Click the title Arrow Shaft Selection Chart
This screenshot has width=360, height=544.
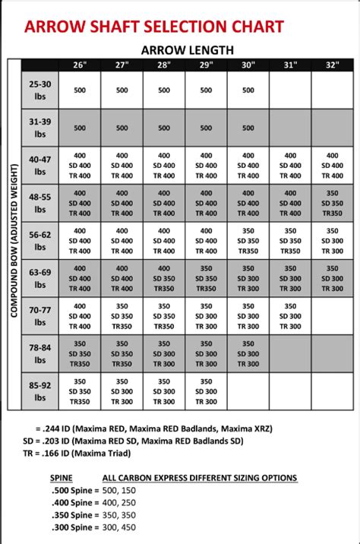[x=155, y=27]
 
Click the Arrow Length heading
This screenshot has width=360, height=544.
[x=187, y=50]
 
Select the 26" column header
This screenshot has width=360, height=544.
[x=79, y=65]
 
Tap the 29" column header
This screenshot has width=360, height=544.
[x=207, y=65]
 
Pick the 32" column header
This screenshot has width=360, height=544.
[x=333, y=65]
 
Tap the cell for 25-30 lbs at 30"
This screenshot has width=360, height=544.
[x=248, y=90]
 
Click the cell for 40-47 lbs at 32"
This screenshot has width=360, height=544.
[x=333, y=166]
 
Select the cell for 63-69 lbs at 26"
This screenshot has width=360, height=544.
[x=79, y=279]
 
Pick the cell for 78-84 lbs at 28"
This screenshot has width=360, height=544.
[x=164, y=354]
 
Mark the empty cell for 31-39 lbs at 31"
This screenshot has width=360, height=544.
[x=291, y=128]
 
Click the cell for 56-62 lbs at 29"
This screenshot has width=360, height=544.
[x=207, y=241]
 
